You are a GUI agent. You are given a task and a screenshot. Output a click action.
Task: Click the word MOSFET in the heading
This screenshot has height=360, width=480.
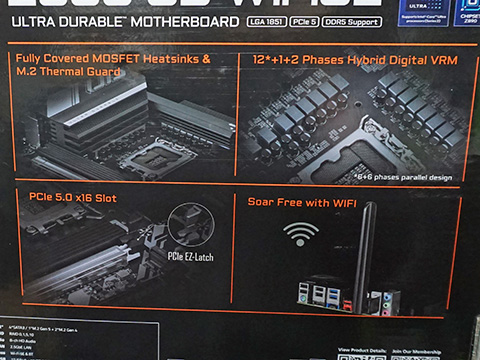point(138,60)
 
